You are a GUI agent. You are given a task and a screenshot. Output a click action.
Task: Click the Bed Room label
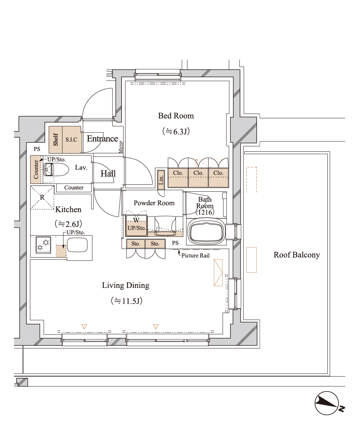tap(176, 116)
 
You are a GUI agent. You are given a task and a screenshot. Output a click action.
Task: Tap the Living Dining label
tap(126, 285)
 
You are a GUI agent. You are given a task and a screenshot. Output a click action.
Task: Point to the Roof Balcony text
tap(297, 255)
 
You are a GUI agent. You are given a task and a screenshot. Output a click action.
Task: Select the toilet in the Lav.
tap(56, 169)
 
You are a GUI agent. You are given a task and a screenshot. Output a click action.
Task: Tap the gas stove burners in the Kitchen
tap(43, 245)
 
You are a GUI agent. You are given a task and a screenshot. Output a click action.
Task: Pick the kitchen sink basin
tap(77, 245)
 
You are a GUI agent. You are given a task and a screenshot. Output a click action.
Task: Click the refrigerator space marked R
tap(42, 198)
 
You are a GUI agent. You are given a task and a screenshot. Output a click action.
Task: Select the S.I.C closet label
tap(71, 140)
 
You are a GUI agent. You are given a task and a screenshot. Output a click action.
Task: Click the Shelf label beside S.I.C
tap(56, 140)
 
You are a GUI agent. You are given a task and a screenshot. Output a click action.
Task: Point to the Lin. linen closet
tap(161, 179)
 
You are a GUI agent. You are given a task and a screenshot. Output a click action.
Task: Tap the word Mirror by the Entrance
tap(120, 147)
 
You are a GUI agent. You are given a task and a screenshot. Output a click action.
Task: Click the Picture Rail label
tap(195, 256)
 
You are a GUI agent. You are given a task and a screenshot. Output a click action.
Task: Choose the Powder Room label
tap(154, 203)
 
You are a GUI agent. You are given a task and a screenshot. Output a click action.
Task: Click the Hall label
tap(108, 174)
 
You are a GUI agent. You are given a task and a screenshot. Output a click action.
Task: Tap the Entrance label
tap(102, 139)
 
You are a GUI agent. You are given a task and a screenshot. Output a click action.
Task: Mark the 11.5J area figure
tap(127, 301)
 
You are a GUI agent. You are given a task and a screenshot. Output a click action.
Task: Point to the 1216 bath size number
tap(205, 212)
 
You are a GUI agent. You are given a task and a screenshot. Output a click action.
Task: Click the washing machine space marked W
tap(136, 220)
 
